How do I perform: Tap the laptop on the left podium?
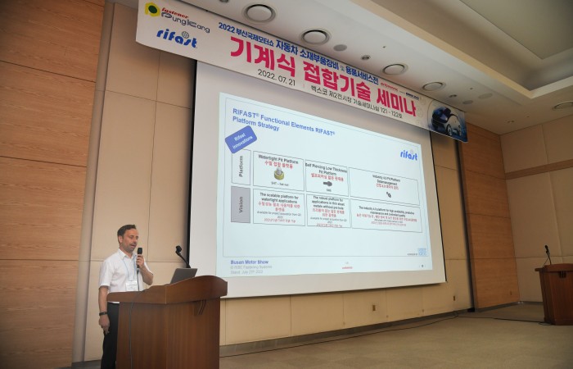pyautogui.click(x=183, y=275)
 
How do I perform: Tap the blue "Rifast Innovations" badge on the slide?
pyautogui.click(x=240, y=138)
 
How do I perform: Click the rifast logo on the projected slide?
pyautogui.click(x=408, y=154)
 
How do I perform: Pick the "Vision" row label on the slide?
pyautogui.click(x=240, y=204)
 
